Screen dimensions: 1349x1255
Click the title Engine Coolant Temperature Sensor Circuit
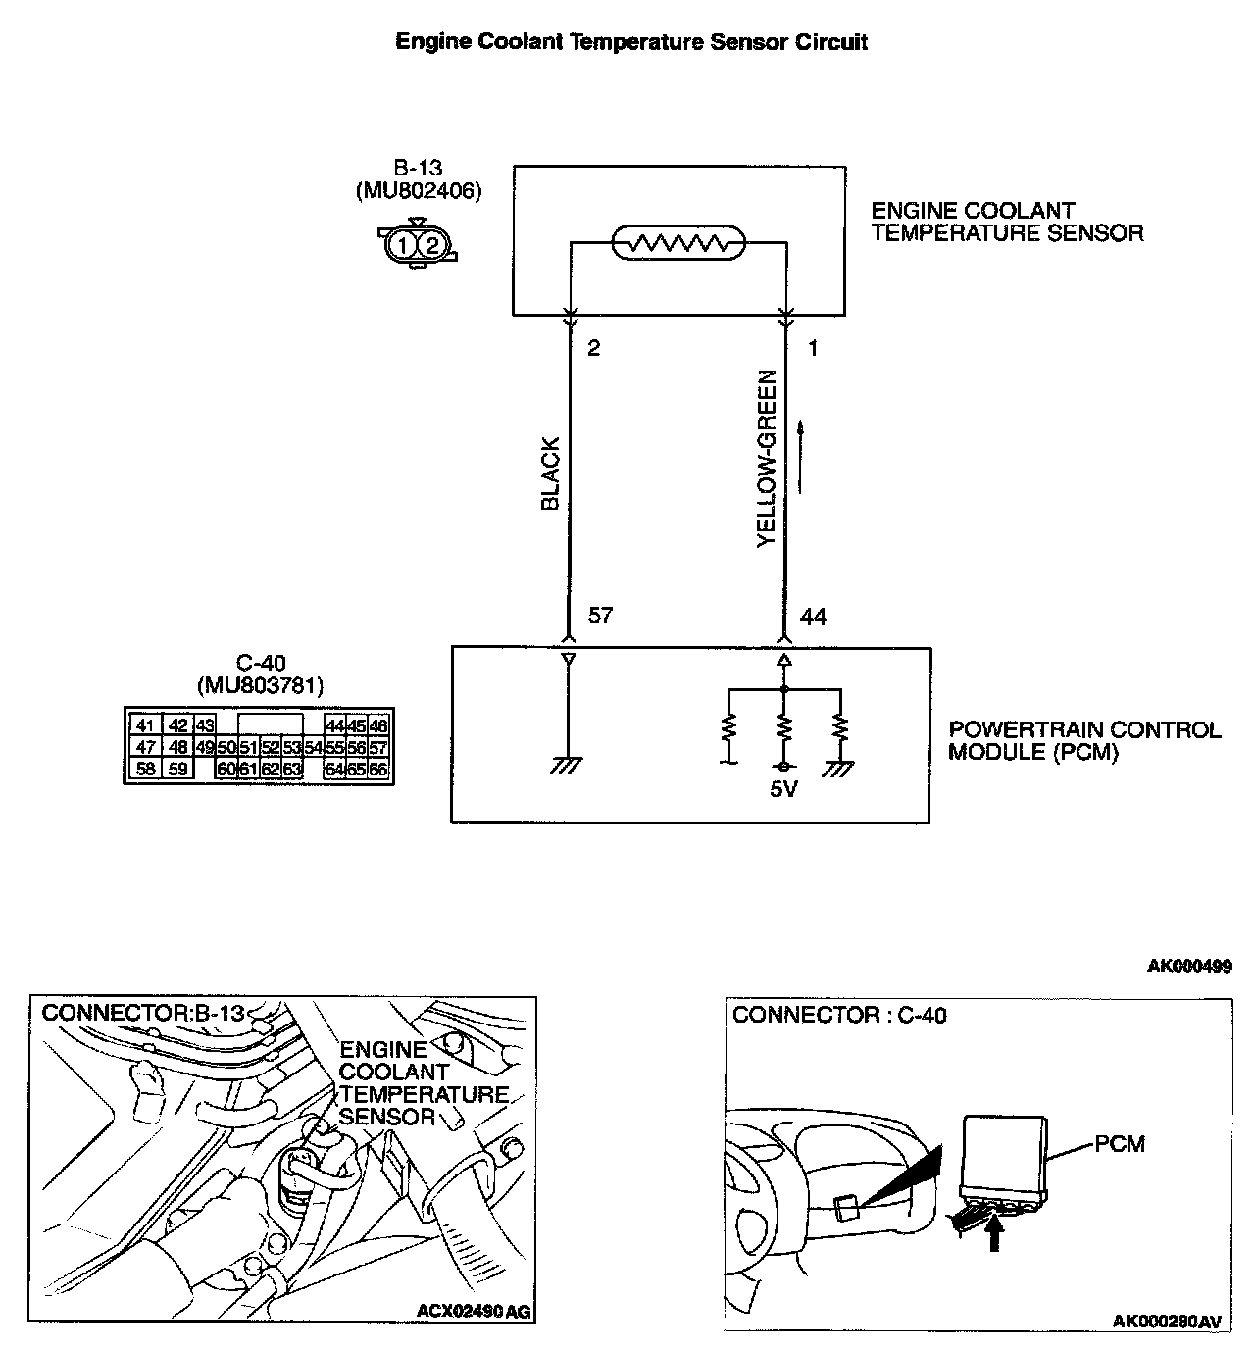(630, 41)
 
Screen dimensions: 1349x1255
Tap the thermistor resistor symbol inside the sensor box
(678, 242)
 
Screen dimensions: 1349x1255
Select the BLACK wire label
(550, 474)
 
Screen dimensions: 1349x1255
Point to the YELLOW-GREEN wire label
(767, 458)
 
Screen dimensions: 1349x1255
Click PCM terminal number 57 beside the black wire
(600, 616)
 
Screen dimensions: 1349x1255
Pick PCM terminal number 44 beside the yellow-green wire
(813, 616)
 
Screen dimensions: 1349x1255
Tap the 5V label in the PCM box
(783, 788)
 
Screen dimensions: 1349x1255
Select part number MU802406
(419, 191)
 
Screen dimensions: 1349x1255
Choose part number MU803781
(260, 685)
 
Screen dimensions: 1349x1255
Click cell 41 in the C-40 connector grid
(145, 725)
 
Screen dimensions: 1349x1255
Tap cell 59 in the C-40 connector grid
(177, 770)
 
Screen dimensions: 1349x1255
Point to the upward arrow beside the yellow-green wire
(803, 457)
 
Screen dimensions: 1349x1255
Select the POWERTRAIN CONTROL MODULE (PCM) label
(1084, 741)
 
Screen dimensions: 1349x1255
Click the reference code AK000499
(1189, 966)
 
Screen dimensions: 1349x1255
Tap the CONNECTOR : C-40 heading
(839, 1015)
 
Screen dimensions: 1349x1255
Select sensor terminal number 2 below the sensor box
(594, 348)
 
